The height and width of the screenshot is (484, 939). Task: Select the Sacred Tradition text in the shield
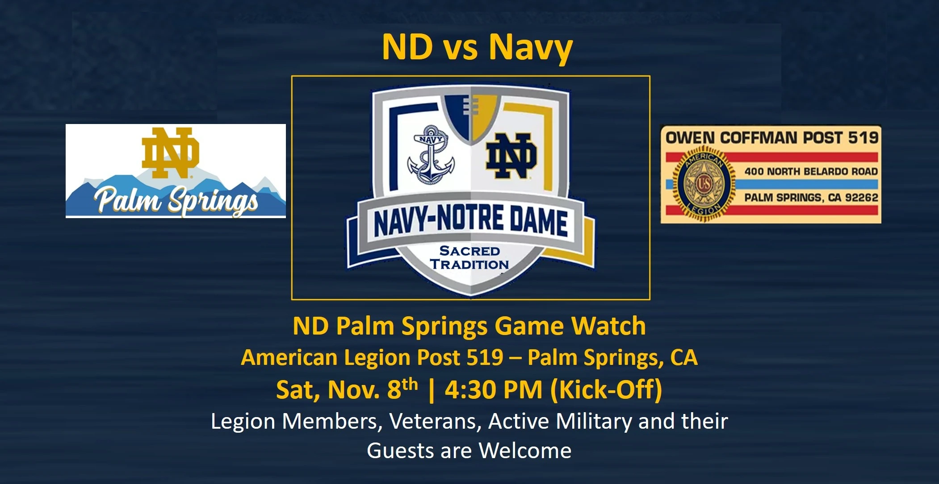click(469, 258)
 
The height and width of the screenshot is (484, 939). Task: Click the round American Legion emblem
click(704, 183)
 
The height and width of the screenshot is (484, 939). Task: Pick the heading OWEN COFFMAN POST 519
click(772, 137)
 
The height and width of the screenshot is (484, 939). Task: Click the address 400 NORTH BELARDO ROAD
click(811, 171)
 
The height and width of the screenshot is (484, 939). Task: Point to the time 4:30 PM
click(494, 389)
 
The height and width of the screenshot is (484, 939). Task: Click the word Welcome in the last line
click(525, 451)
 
